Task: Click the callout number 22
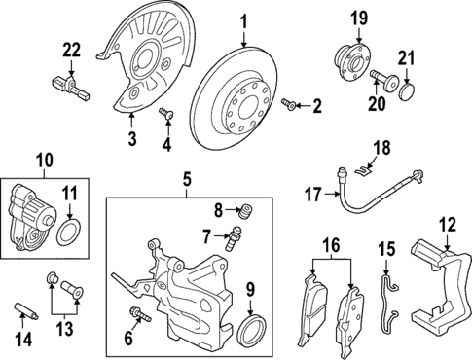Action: pyautogui.click(x=71, y=51)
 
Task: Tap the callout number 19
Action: pyautogui.click(x=359, y=18)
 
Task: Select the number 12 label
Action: pyautogui.click(x=448, y=225)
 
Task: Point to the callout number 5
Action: pyautogui.click(x=187, y=179)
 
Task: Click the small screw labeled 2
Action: pyautogui.click(x=289, y=104)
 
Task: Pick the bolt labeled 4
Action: pyautogui.click(x=166, y=114)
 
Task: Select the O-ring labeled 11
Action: pyautogui.click(x=70, y=234)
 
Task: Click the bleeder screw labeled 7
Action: pyautogui.click(x=234, y=238)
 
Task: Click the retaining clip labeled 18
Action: pyautogui.click(x=363, y=171)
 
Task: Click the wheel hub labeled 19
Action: pyautogui.click(x=352, y=60)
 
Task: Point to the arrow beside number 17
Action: pyautogui.click(x=332, y=194)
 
